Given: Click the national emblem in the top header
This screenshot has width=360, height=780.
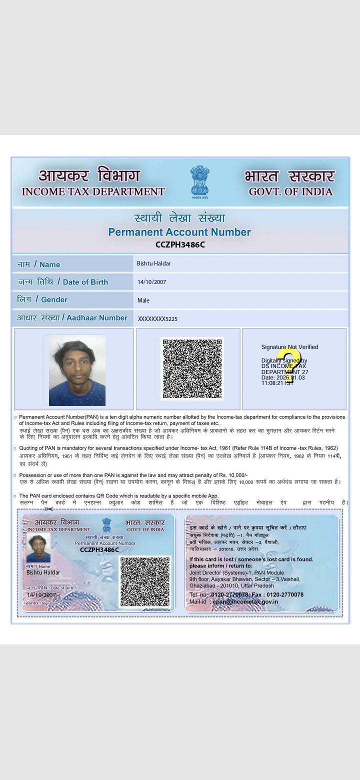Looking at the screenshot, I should tap(199, 182).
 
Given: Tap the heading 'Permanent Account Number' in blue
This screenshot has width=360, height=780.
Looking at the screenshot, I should tap(179, 232).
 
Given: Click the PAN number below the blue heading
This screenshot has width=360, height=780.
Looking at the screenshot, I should tap(180, 244).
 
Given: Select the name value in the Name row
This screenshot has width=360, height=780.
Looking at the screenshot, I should tap(153, 263).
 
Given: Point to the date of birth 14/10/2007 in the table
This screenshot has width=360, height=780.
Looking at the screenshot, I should tap(151, 282).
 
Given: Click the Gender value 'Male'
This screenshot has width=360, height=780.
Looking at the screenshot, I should tap(143, 300).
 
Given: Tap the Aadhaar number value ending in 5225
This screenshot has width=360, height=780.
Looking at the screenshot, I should tap(157, 319).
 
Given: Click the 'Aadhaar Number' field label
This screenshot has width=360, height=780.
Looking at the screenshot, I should tap(97, 318).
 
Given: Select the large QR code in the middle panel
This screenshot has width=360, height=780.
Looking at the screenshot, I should tap(192, 368).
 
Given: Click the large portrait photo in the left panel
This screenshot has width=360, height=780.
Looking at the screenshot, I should tap(77, 370).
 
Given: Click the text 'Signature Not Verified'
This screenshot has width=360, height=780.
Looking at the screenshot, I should tap(289, 347).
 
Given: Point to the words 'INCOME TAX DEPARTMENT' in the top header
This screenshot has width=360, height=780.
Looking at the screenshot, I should tap(93, 191).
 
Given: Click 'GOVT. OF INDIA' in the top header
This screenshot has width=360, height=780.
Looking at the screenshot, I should tap(290, 191).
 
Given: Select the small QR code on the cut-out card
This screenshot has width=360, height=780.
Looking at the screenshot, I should tap(145, 581).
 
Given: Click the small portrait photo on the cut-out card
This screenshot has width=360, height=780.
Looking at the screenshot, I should tap(38, 548).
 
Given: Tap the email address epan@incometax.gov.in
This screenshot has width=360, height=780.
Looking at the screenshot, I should tap(245, 601).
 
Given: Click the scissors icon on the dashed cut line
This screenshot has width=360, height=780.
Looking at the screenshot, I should tap(48, 509).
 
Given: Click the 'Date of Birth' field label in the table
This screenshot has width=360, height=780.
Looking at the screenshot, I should tap(85, 282).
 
